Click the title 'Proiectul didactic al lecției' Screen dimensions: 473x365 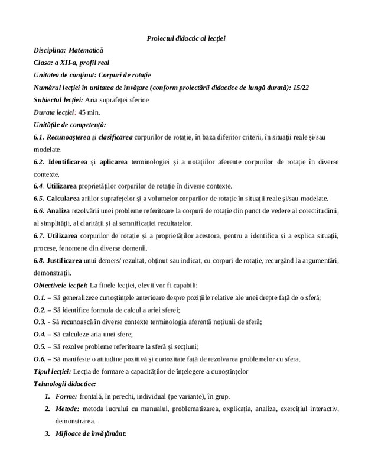pyautogui.click(x=186, y=38)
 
